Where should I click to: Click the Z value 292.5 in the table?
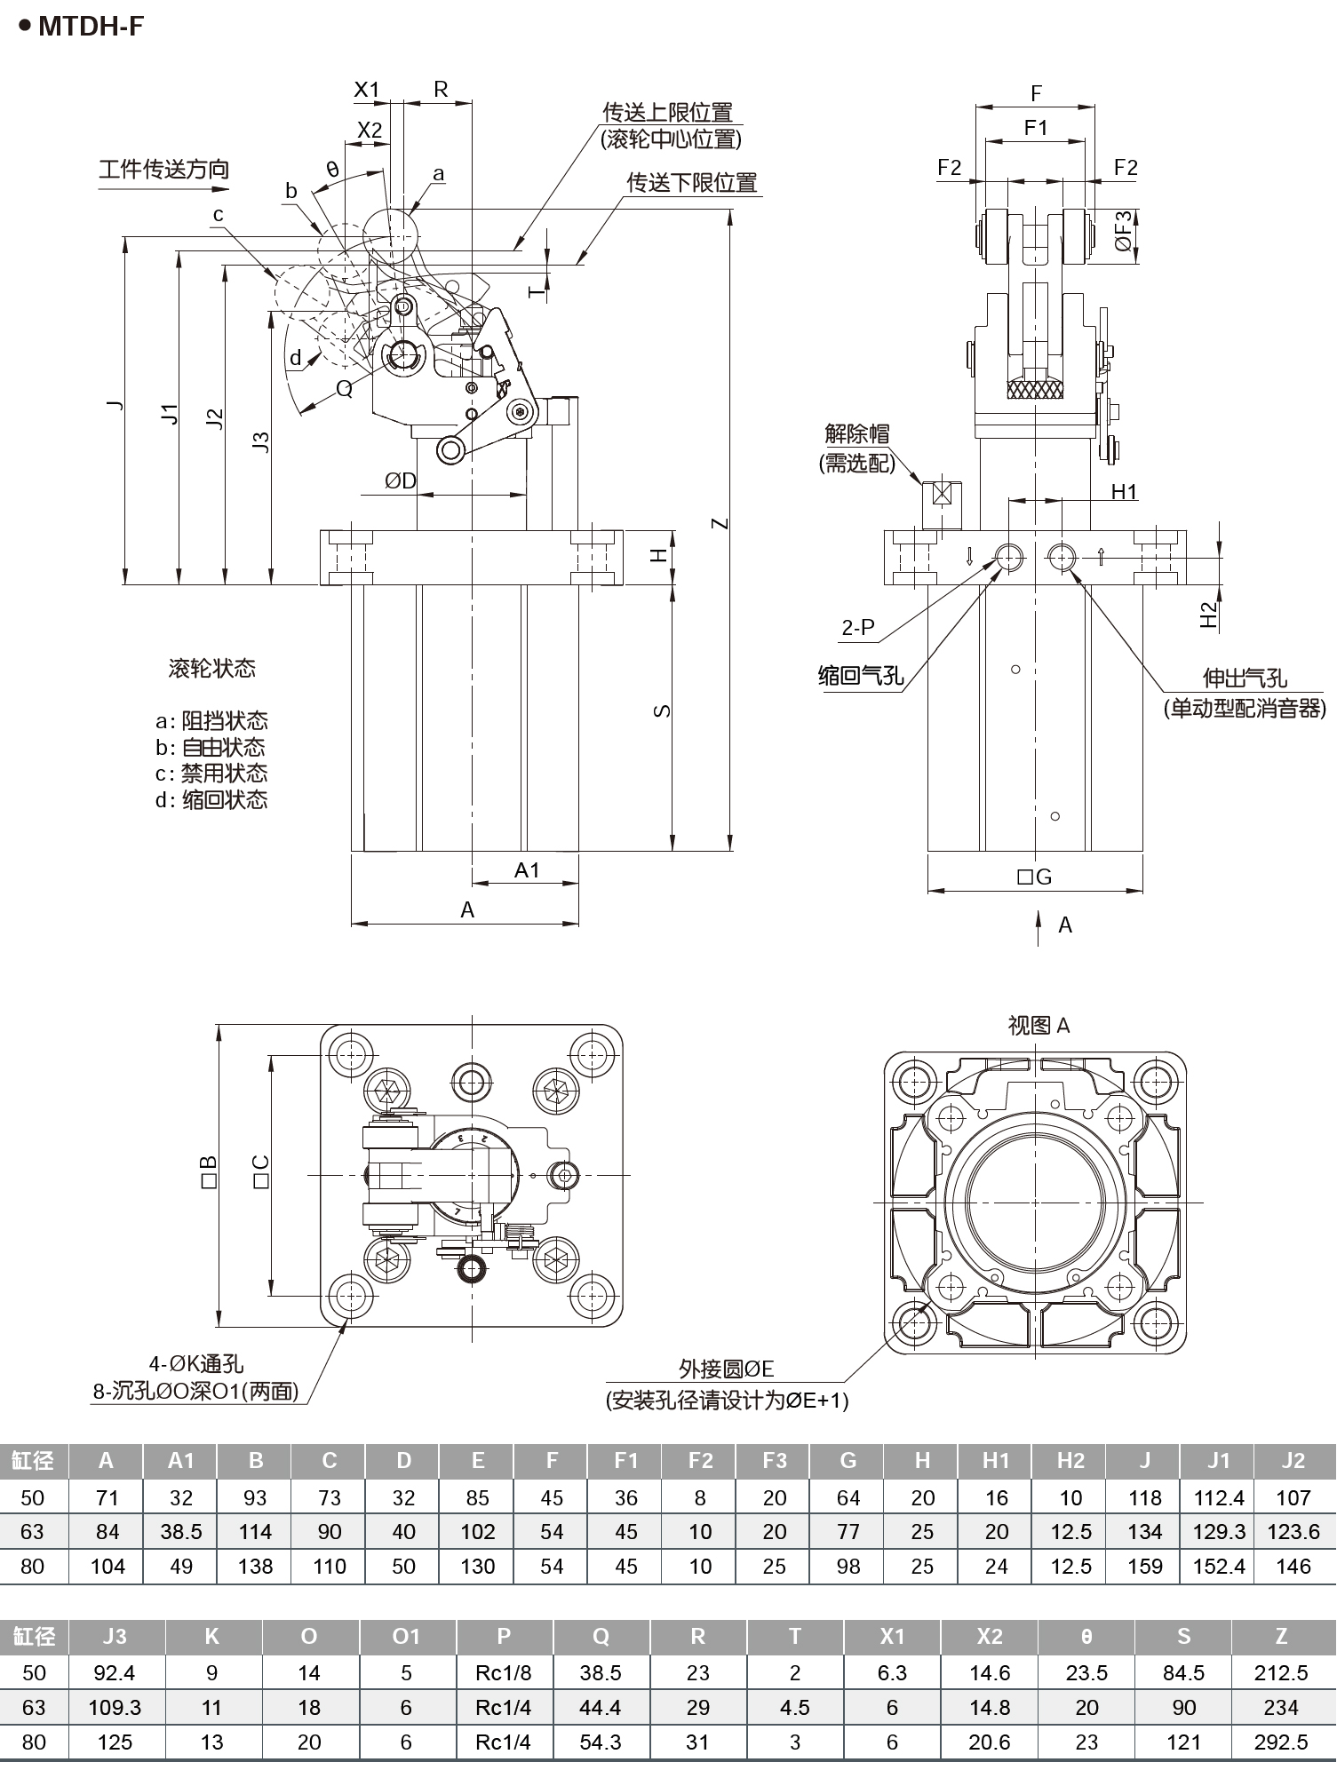coord(1280,1742)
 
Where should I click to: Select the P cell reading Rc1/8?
coord(503,1672)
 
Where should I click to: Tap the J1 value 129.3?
coord(1219,1531)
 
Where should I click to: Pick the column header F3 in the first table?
coord(775,1461)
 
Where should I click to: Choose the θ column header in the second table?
coord(1086,1636)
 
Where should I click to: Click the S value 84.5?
coord(1183,1672)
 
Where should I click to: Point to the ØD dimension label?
coord(401,480)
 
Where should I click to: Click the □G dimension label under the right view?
coord(1035,877)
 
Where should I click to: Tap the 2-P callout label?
coord(858,627)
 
